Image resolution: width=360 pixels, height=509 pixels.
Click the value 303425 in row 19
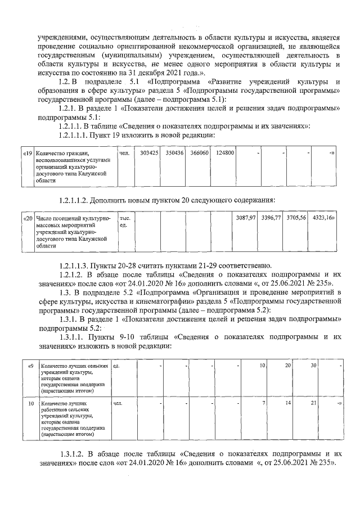point(148,153)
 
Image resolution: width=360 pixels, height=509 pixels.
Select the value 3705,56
point(296,217)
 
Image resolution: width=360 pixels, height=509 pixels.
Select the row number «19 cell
point(27,153)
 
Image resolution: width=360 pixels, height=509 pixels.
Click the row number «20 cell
point(27,217)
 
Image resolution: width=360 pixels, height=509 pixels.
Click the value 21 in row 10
point(313,403)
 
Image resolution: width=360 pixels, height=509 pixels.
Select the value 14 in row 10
point(287,403)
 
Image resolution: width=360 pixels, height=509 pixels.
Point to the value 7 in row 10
point(263,403)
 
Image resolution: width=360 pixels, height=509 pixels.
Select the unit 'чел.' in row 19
point(125,153)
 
